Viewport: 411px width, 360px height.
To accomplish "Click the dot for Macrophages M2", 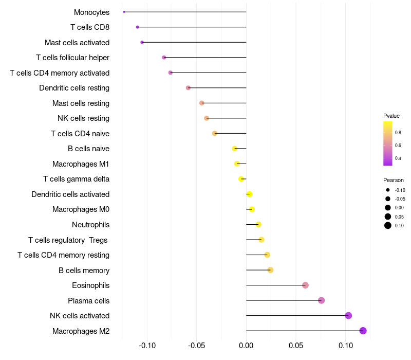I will pos(363,331).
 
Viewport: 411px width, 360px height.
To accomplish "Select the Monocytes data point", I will pos(124,12).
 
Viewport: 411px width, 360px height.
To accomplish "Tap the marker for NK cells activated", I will pos(348,316).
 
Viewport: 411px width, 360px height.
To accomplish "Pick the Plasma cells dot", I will pos(322,300).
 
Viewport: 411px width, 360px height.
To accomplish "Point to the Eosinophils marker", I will pos(305,285).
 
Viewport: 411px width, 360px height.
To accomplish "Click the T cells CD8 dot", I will pos(137,27).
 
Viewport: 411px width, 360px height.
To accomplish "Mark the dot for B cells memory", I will pos(270,270).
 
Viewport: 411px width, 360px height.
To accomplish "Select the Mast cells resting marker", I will pos(202,103).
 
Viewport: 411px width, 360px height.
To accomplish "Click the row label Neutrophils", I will pos(90,225).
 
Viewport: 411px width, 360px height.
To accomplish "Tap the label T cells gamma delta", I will pos(76,179).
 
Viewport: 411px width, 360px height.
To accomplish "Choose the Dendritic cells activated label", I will pos(70,194).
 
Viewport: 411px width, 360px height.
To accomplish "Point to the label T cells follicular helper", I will pos(72,58).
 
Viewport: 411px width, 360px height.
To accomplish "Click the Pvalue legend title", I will pos(391,116).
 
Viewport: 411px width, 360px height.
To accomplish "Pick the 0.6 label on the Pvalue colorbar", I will pos(398,146).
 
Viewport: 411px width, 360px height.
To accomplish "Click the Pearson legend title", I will pos(394,180).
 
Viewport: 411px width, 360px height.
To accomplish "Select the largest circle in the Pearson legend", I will pos(388,225).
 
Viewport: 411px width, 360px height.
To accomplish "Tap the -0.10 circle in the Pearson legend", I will pos(388,190).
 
